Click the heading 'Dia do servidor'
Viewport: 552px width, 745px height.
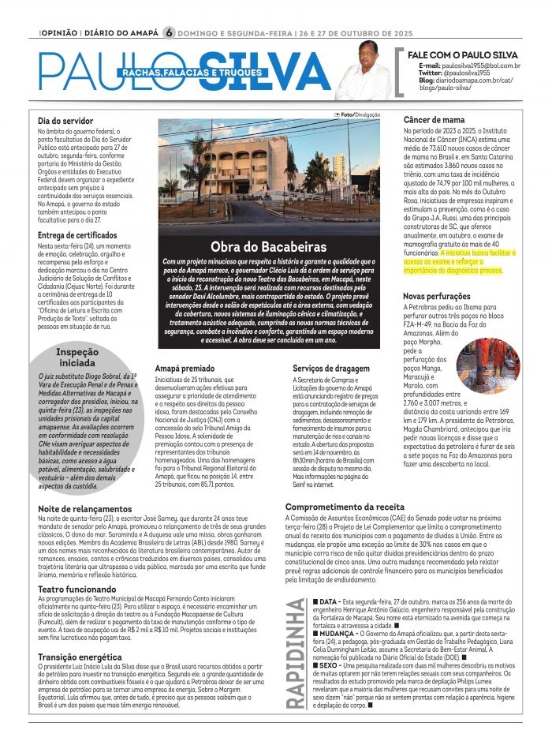point(66,121)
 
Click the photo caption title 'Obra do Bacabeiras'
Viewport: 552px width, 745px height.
point(269,246)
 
